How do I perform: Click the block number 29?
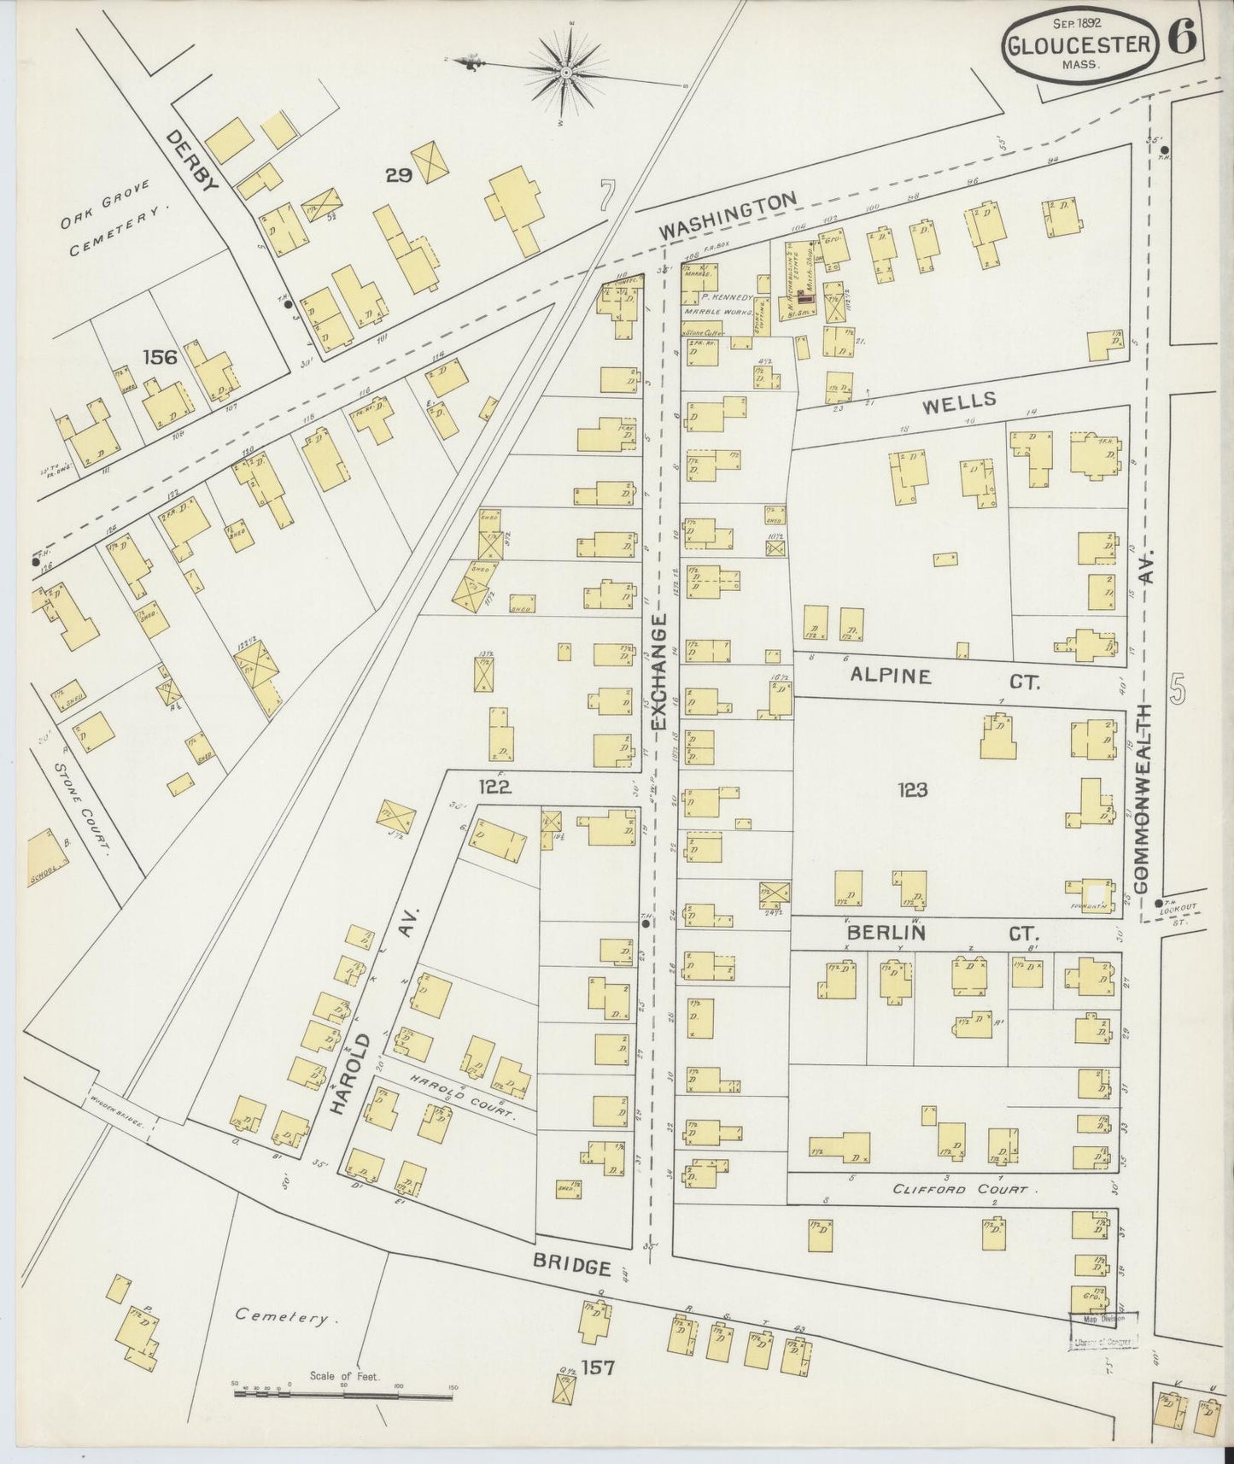[399, 176]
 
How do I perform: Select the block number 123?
[912, 790]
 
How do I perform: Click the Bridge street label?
[573, 1263]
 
